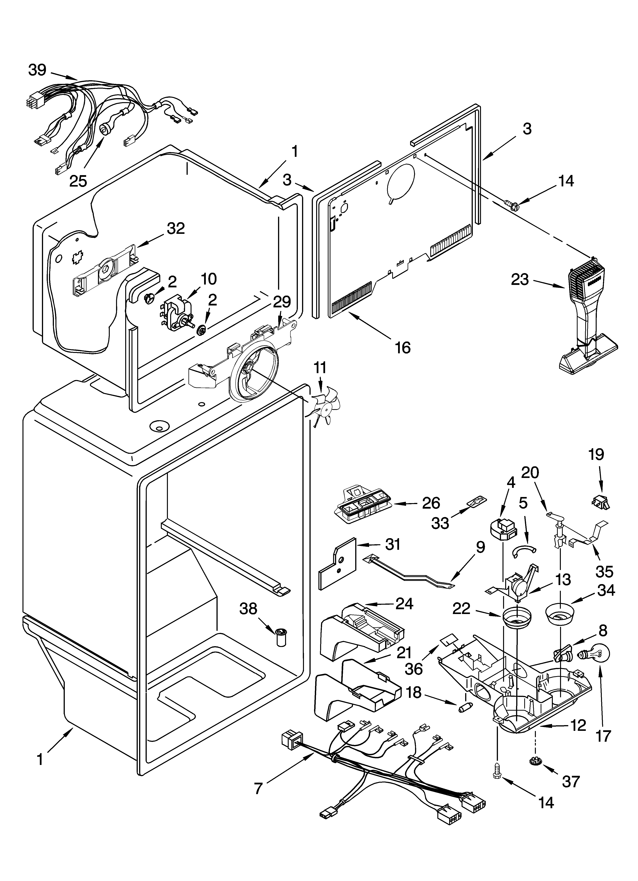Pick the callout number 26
pos(430,503)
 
